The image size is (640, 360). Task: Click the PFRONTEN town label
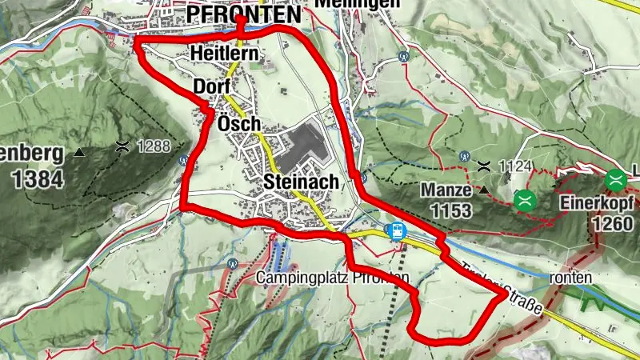coord(244,14)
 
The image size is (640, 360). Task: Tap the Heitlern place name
coord(223,54)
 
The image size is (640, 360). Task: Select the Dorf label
coord(211,86)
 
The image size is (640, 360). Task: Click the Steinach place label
coord(301,182)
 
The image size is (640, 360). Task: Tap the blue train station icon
coord(396,231)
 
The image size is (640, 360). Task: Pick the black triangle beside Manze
coord(484,190)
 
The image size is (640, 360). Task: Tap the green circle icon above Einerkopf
coord(615,179)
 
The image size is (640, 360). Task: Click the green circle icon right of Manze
coord(525,199)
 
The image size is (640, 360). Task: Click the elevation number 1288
coord(155,147)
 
